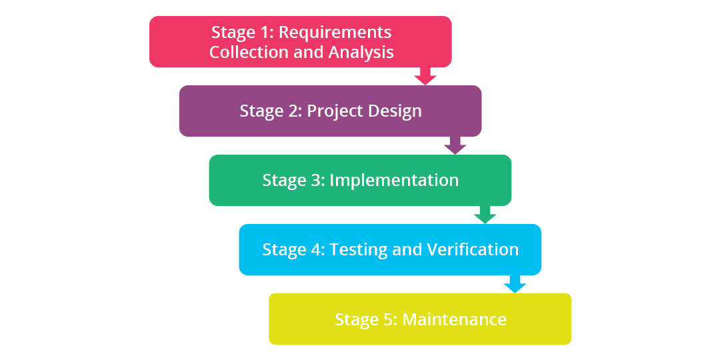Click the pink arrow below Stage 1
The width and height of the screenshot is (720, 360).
[425, 75]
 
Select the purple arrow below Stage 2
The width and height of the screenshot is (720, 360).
[455, 145]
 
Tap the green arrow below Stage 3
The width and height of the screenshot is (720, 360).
[485, 214]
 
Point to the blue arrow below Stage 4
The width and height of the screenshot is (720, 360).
[515, 283]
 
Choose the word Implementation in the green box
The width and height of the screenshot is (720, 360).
[394, 180]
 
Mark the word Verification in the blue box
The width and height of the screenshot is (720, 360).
[473, 249]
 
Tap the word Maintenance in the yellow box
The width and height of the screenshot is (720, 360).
[455, 319]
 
